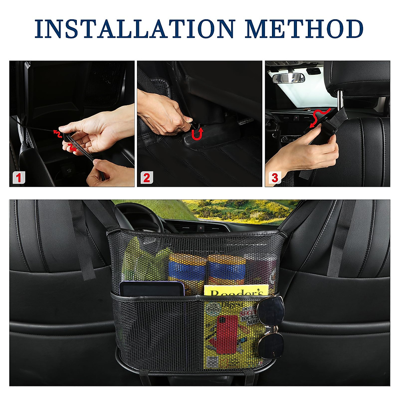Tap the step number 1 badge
click(x=19, y=178)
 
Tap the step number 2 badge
click(x=146, y=178)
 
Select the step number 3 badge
click(x=274, y=178)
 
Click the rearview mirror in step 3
click(x=288, y=78)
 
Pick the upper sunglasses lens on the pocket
click(x=271, y=311)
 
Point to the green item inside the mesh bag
click(x=143, y=263)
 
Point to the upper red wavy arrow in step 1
click(x=57, y=134)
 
